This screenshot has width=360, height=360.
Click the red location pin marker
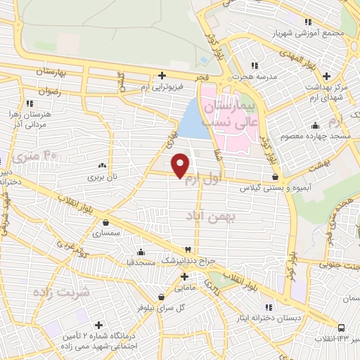click(x=181, y=165)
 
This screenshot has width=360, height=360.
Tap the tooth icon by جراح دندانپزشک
click(x=188, y=250)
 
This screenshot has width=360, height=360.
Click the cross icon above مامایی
click(x=183, y=276)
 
